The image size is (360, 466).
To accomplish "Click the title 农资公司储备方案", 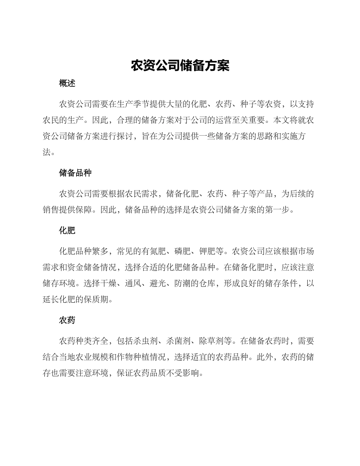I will click(180, 66).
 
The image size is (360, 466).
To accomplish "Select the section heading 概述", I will click(67, 83).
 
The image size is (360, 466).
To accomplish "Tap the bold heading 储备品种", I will click(75, 173).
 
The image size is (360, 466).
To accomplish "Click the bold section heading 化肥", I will click(67, 230).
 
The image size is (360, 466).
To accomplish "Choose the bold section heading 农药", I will click(67, 320).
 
